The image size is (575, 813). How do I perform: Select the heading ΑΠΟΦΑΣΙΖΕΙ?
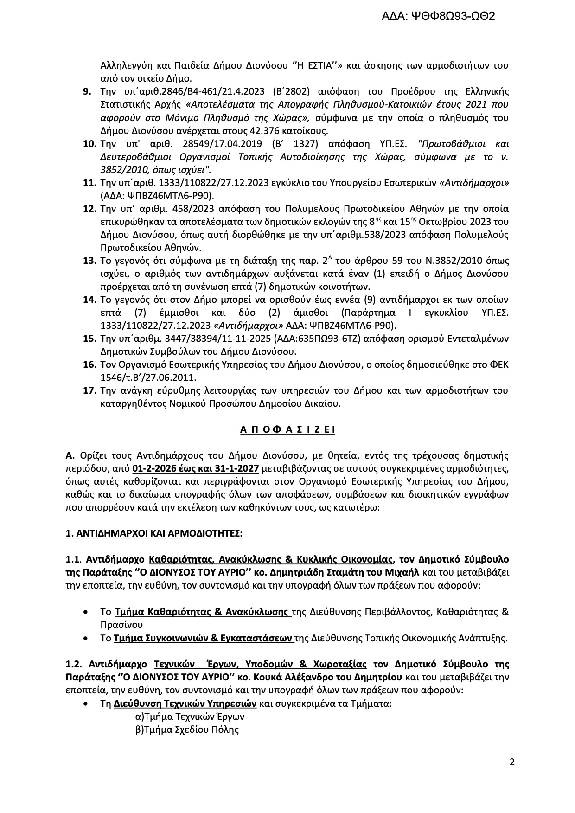(x=287, y=429)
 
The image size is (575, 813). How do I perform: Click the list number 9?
(x=87, y=91)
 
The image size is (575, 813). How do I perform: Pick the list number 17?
(x=89, y=390)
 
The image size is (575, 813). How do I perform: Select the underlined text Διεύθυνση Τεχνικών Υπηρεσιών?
(x=185, y=703)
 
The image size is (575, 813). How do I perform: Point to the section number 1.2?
(x=74, y=664)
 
